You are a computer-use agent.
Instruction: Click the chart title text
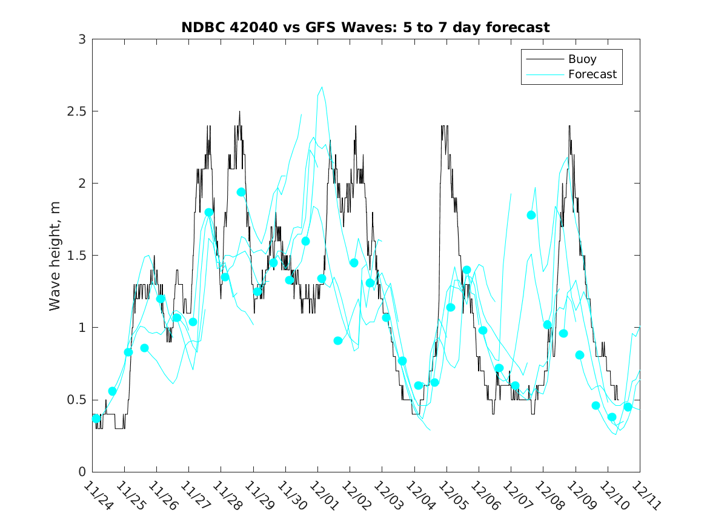[x=365, y=28]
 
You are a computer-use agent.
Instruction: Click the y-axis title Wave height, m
[x=55, y=256]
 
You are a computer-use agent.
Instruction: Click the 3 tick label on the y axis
[x=81, y=39]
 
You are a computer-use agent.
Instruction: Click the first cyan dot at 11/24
[x=96, y=419]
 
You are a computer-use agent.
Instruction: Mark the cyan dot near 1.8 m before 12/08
[x=531, y=215]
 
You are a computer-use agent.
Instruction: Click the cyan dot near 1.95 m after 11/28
[x=241, y=192]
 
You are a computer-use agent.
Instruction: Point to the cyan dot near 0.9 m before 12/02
[x=337, y=340]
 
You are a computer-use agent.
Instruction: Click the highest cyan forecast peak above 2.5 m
[x=322, y=87]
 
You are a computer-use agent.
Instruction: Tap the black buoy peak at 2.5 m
[x=239, y=111]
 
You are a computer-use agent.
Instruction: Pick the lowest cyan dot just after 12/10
[x=612, y=417]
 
